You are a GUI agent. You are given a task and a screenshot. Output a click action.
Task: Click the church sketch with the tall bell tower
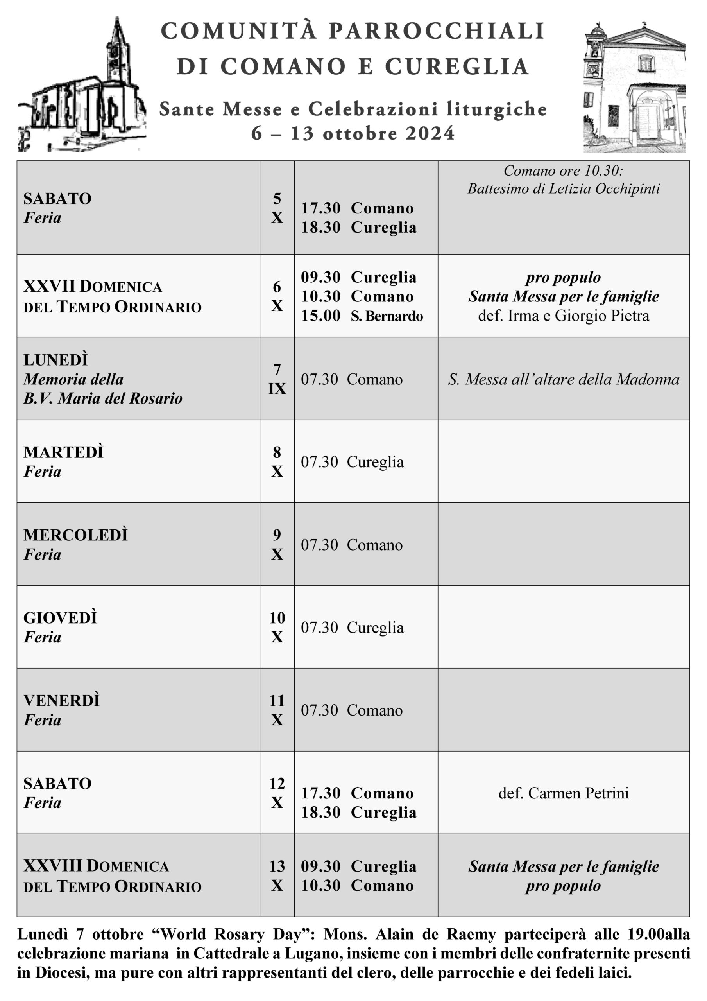click(82, 87)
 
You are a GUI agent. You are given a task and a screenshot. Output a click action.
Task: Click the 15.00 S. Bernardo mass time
click(362, 316)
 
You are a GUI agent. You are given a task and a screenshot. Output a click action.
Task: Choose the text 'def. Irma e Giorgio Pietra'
click(563, 316)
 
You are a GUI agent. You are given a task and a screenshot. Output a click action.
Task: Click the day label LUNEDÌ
click(56, 360)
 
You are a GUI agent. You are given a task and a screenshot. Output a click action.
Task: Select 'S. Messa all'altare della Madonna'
click(563, 379)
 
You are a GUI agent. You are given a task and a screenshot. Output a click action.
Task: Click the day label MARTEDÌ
click(64, 452)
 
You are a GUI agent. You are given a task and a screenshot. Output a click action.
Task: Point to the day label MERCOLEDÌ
click(75, 535)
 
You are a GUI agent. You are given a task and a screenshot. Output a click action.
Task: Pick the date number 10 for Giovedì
click(277, 618)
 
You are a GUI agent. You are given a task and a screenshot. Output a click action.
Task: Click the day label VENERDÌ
click(61, 701)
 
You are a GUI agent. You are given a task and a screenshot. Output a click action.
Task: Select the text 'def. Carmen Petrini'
click(563, 793)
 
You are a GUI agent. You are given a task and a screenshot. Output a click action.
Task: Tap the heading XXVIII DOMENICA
click(96, 866)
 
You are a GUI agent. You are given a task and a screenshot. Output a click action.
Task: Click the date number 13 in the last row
click(277, 866)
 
